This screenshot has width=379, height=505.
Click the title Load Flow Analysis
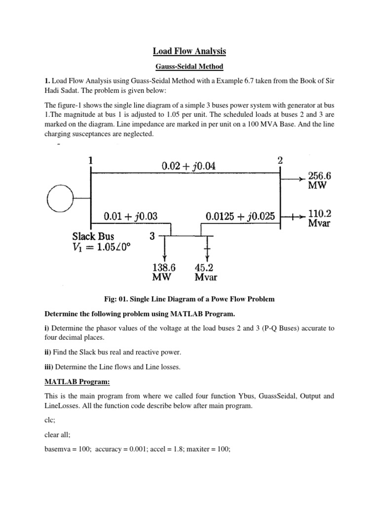click(x=189, y=51)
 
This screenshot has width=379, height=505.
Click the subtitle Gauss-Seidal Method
click(x=189, y=66)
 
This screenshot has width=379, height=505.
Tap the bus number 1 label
click(x=90, y=160)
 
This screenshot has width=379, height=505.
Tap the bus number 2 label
click(x=280, y=160)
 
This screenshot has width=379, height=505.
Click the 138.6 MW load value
click(x=164, y=272)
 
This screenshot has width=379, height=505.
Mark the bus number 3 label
click(x=152, y=237)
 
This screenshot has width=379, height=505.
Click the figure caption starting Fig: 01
click(x=189, y=299)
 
